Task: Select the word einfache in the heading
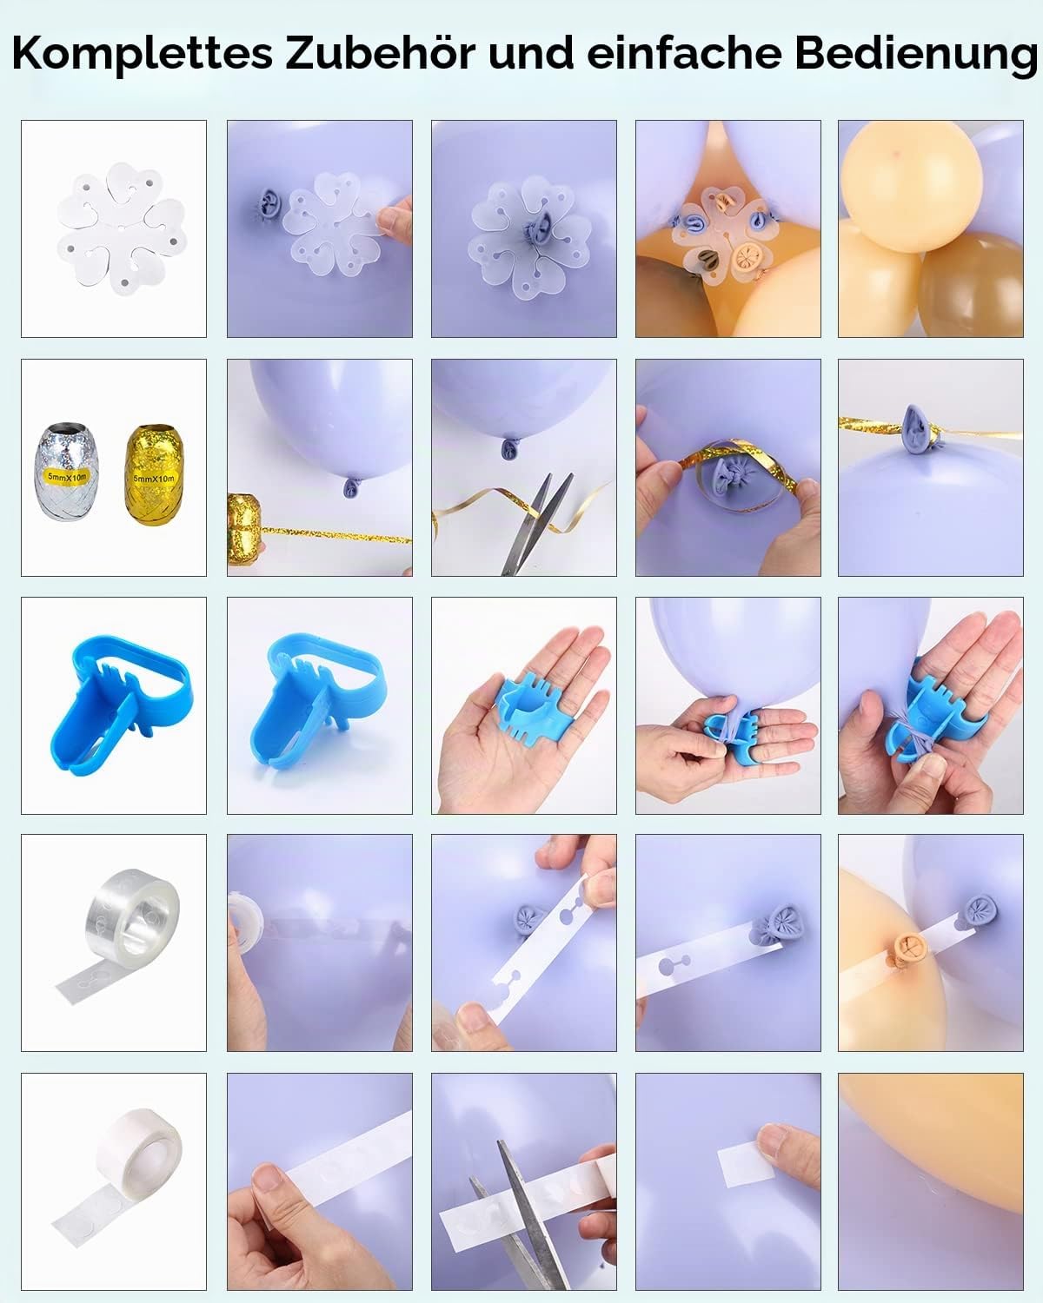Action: coord(684,53)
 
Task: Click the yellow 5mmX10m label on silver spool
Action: coord(67,477)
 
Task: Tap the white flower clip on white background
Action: coord(121,225)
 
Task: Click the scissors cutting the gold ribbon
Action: coord(535,523)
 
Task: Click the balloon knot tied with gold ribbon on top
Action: coord(918,428)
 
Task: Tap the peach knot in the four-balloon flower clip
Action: coord(746,259)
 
